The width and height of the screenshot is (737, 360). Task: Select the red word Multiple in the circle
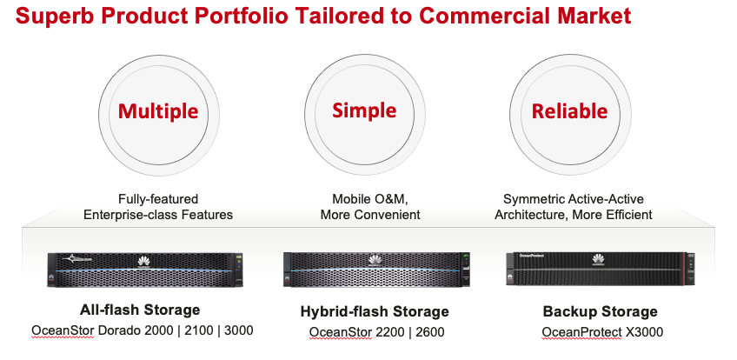[x=158, y=111]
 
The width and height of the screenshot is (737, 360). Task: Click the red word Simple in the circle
[x=364, y=111]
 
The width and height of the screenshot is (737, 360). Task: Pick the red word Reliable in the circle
[x=569, y=111]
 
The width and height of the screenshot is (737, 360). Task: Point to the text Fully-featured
[x=158, y=199]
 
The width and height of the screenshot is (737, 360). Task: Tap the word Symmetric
[x=533, y=199]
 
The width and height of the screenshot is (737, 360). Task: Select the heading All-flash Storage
[x=140, y=310]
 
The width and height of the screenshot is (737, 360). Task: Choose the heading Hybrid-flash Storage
[x=375, y=311]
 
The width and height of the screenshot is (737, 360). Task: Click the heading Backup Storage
[x=601, y=311]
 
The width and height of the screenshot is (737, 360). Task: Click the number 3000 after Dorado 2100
[x=239, y=330]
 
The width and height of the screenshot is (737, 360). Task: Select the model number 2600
[x=429, y=332]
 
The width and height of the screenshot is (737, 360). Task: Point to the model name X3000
[x=644, y=332]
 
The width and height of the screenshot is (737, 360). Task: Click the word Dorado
[x=119, y=330]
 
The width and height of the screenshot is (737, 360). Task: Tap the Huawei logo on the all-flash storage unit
[x=144, y=263]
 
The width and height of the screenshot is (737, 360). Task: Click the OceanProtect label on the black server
[x=531, y=257]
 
